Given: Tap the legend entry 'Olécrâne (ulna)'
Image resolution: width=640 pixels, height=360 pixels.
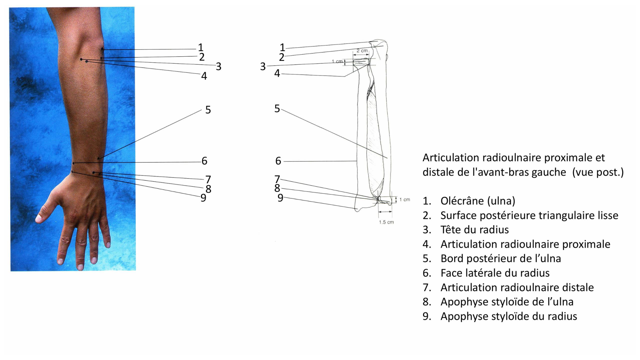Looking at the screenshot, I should tap(477, 201).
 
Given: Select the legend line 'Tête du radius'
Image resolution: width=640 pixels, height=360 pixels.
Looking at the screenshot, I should tap(474, 230).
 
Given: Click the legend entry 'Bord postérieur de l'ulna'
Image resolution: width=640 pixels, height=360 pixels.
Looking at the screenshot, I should tap(500, 259).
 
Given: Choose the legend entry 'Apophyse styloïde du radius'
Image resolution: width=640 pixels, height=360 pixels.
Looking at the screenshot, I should tap(508, 316).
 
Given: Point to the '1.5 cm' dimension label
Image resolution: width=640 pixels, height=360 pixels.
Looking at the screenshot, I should tap(386, 222).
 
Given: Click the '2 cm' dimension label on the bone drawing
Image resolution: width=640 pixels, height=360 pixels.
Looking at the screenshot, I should tap(362, 51).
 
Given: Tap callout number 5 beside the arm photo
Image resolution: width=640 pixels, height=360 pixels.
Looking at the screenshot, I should tap(208, 110).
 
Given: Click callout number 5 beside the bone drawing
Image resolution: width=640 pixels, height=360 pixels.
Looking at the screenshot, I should tap(277, 108).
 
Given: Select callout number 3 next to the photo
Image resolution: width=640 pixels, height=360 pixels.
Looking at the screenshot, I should tap(219, 67).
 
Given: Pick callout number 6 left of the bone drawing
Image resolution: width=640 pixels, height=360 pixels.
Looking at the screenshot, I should tap(278, 161).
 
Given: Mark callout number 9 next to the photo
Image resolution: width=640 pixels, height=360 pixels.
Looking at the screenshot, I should tap(203, 198).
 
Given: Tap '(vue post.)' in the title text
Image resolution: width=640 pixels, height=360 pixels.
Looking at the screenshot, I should tap(598, 172).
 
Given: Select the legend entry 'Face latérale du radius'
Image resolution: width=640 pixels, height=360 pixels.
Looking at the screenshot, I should tap(495, 273).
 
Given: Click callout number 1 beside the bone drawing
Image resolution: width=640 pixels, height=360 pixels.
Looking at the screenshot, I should tap(282, 48).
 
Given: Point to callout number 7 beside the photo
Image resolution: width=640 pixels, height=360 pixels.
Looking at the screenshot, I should tap(208, 179).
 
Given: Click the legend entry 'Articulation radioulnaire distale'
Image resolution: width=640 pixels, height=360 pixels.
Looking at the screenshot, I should tap(517, 287).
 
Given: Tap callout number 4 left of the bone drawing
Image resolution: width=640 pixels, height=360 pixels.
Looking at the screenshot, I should tap(277, 73).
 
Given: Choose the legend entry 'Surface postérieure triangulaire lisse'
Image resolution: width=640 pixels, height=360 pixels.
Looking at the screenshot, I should tap(529, 215).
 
